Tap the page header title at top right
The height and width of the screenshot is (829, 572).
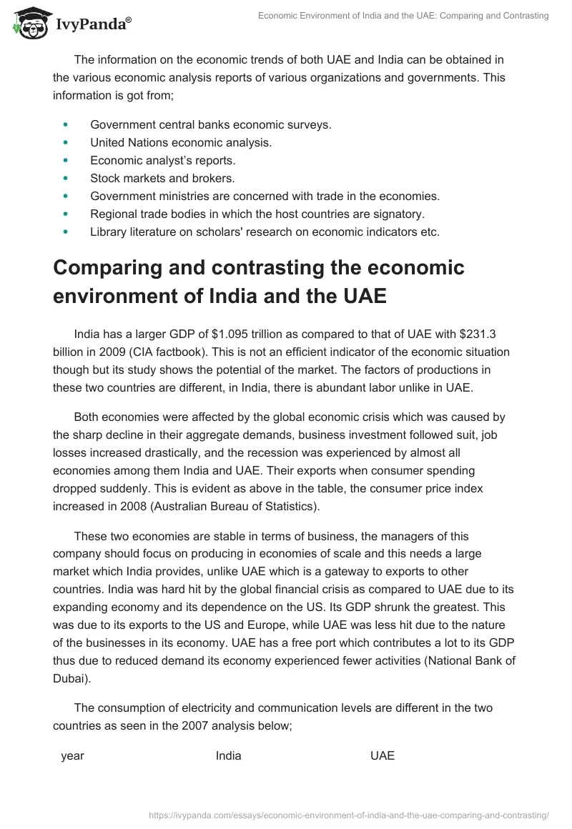click(403, 16)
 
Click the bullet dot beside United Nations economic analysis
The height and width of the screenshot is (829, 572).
click(66, 142)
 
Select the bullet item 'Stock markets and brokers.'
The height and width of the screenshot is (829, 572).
click(162, 177)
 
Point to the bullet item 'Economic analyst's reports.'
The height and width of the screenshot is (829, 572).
click(162, 160)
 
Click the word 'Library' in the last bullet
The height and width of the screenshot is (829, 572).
click(108, 232)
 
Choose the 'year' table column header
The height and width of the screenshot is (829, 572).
click(72, 755)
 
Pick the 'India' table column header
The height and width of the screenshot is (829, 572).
click(228, 755)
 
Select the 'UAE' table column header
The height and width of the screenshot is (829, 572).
click(382, 755)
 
